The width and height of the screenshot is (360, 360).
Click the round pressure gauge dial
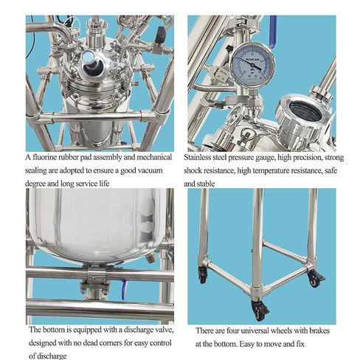click(252, 64)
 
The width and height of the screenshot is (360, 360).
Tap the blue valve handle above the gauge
click(273, 31)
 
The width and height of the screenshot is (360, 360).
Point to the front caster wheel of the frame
click(259, 311)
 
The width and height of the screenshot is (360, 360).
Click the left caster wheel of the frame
click(203, 274)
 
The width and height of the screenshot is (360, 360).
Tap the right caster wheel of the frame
click(315, 279)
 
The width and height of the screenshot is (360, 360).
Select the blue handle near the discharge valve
click(124, 290)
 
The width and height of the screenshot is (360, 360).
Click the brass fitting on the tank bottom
click(150, 257)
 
